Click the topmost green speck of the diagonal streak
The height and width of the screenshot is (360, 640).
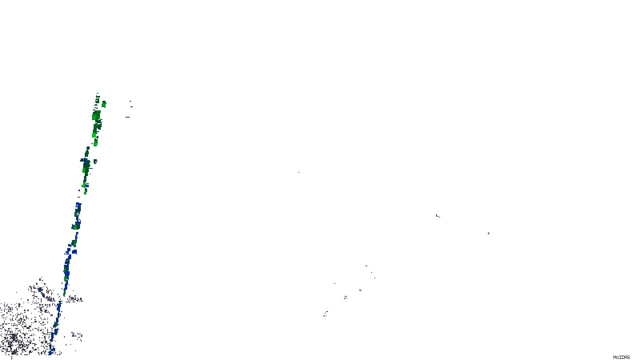coord(97,94)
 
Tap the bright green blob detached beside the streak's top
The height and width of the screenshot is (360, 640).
coord(104,104)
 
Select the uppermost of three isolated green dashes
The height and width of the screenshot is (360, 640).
coord(130,101)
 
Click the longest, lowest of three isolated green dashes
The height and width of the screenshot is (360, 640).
coord(128,117)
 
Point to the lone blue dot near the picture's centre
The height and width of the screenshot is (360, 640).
coord(298,172)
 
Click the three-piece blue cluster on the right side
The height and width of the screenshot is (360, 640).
coord(438,216)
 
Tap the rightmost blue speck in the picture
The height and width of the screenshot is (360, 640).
coord(488,233)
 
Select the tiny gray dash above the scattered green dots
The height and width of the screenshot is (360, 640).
coord(366,266)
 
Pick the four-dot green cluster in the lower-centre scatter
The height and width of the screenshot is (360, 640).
coord(346,298)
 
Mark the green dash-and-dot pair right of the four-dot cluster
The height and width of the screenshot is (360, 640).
coord(360,290)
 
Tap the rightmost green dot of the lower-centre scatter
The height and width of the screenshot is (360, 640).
coord(374,278)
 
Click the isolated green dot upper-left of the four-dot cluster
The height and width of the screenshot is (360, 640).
coord(335,284)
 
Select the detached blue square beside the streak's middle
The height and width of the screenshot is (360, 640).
coord(74,252)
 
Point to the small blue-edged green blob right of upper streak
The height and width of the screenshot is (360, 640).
coord(95,162)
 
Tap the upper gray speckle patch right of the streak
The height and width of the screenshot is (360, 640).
coord(75,298)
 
